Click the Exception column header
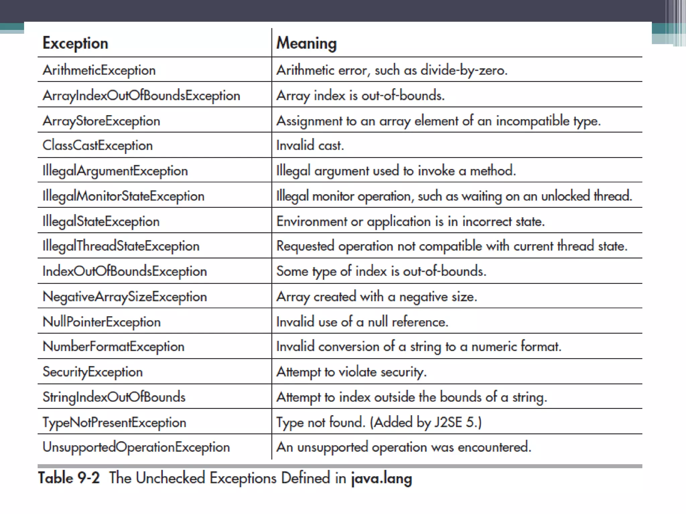75,44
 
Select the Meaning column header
306,44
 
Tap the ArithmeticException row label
99,70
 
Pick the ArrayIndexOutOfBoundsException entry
141,96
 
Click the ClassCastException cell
97,146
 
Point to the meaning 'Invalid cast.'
310,146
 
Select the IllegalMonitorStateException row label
123,196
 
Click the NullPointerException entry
101,322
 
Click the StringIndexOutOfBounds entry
114,397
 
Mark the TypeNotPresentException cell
114,422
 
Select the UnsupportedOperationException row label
136,447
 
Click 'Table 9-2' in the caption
69,478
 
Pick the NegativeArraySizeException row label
125,297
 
